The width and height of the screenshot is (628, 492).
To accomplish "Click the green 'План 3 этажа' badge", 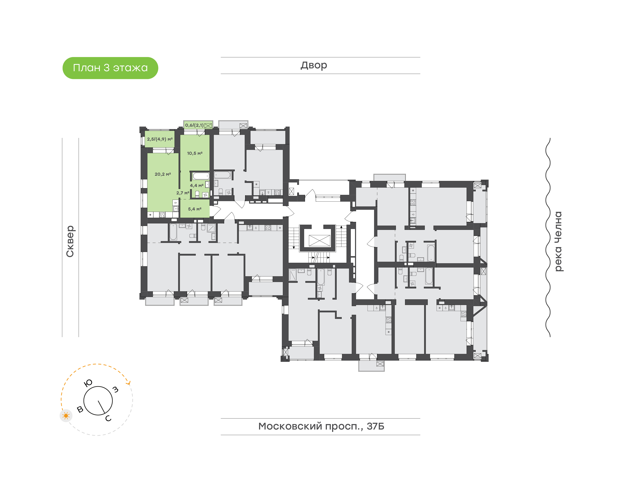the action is click(x=110, y=68).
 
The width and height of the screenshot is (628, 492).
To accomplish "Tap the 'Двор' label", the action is click(x=314, y=65).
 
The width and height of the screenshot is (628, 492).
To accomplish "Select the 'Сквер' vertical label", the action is click(x=70, y=241).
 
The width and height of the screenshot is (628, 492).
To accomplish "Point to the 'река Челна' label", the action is click(x=558, y=241).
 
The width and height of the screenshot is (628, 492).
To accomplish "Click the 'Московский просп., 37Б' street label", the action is click(x=321, y=426).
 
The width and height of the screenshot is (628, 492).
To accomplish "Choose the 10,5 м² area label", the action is click(x=195, y=153).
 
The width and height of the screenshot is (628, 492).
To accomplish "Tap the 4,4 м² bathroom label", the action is click(x=196, y=185).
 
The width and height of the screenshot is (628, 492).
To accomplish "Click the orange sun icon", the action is click(x=66, y=416).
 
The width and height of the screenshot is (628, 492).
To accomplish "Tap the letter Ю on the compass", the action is click(x=88, y=383).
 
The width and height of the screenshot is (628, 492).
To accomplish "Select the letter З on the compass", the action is click(x=115, y=389).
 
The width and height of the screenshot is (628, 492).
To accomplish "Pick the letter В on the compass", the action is click(x=80, y=409).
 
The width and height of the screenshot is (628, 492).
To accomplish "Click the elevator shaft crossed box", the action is click(x=319, y=241).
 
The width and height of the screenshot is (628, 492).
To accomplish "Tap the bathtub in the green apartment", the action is click(x=201, y=176).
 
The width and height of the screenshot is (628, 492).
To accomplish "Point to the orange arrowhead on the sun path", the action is click(x=129, y=383).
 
